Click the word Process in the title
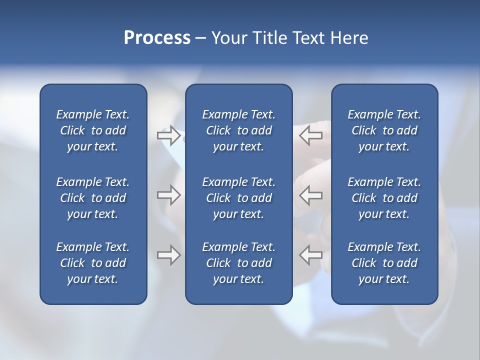tap(157, 38)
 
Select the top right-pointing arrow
tap(168, 135)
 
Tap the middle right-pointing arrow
tap(168, 195)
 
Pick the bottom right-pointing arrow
tap(168, 255)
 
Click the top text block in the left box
tap(93, 130)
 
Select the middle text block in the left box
tap(93, 198)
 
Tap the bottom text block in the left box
tap(93, 263)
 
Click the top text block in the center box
tap(239, 130)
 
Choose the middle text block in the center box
tap(239, 198)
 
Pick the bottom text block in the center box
tap(239, 263)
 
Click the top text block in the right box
tap(384, 130)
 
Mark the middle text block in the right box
tap(384, 198)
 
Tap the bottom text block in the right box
tap(384, 263)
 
